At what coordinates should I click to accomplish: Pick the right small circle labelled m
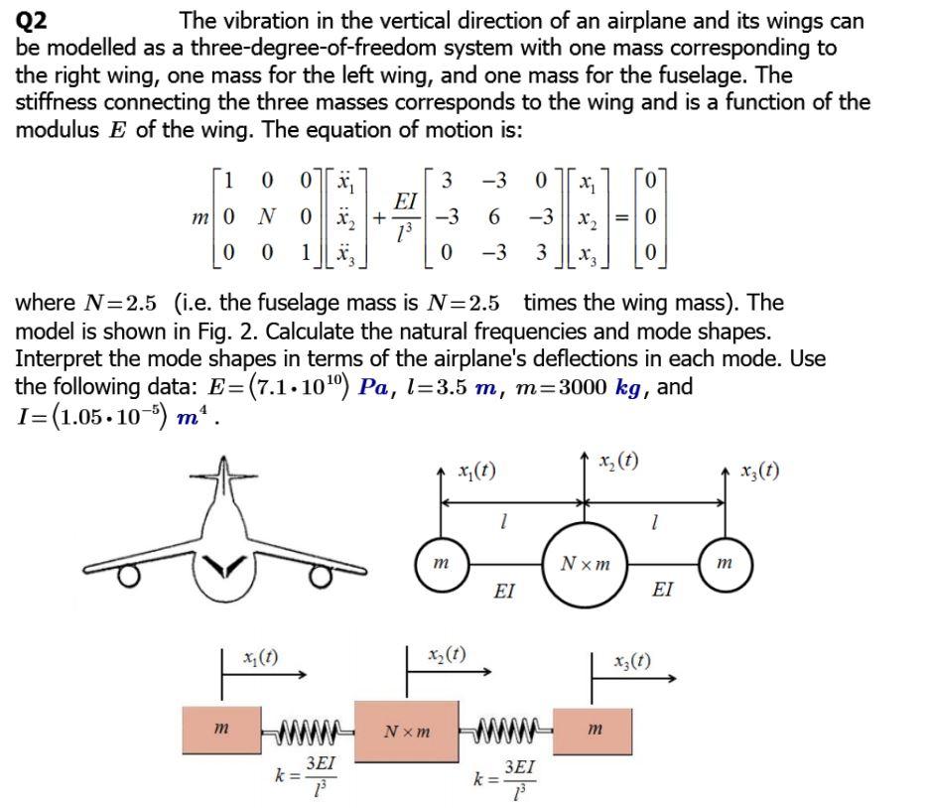point(724,563)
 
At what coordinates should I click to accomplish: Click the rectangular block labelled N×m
point(407,732)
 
